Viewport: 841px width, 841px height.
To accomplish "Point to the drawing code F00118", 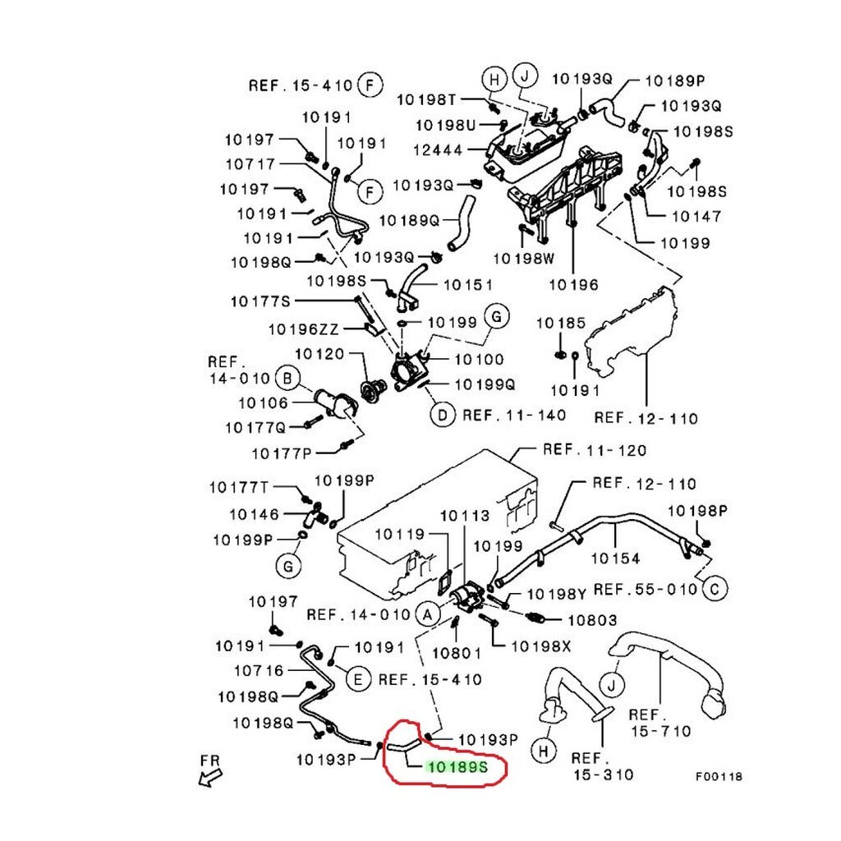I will (719, 776).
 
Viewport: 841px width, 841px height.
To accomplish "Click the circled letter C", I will (715, 587).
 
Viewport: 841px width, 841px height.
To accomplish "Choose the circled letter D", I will (442, 416).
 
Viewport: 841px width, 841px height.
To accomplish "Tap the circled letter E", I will (356, 679).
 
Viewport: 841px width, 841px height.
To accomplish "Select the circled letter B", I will (287, 379).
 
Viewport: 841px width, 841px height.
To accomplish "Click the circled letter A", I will (427, 614).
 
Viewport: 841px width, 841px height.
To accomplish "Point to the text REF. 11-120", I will (594, 450).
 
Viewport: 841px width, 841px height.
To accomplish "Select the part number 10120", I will (319, 355).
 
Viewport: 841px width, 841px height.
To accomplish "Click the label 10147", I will (696, 217).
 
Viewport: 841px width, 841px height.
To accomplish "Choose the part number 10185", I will (561, 324).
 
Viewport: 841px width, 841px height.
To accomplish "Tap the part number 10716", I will (259, 671).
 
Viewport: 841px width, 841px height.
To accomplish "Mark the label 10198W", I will (524, 258).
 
